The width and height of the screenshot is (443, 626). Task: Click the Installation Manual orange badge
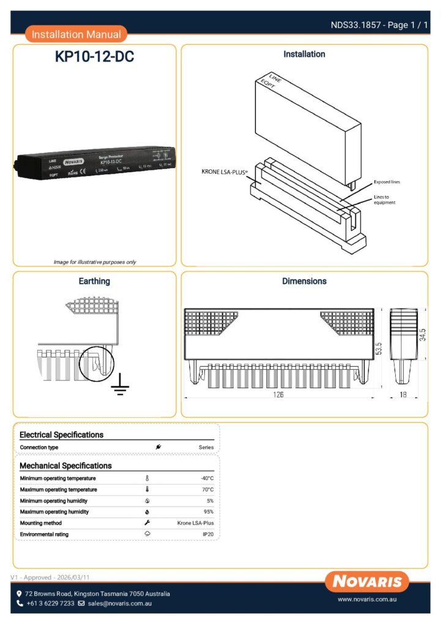pyautogui.click(x=76, y=34)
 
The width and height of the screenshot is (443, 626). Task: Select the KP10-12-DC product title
pyautogui.click(x=94, y=57)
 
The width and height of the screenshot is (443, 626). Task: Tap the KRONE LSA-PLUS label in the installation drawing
pyautogui.click(x=225, y=172)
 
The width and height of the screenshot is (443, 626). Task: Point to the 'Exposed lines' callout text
pyautogui.click(x=387, y=182)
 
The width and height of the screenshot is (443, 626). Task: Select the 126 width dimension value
pyautogui.click(x=278, y=395)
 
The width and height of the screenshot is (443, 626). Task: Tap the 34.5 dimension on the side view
pyautogui.click(x=422, y=336)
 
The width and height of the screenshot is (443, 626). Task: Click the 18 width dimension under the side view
pyautogui.click(x=403, y=395)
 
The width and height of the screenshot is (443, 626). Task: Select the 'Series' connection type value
pyautogui.click(x=206, y=447)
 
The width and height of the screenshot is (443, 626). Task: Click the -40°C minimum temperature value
pyautogui.click(x=207, y=478)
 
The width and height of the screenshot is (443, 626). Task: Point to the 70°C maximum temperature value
pyautogui.click(x=208, y=490)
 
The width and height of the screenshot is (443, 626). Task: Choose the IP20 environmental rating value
pyautogui.click(x=208, y=534)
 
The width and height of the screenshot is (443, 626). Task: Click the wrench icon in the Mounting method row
pyautogui.click(x=147, y=523)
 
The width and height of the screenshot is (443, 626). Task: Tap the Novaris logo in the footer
pyautogui.click(x=367, y=581)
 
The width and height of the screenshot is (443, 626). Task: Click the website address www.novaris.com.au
pyautogui.click(x=368, y=601)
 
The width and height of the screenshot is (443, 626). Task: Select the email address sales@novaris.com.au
pyautogui.click(x=119, y=603)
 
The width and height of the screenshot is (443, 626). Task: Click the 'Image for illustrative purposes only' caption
pyautogui.click(x=95, y=262)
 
